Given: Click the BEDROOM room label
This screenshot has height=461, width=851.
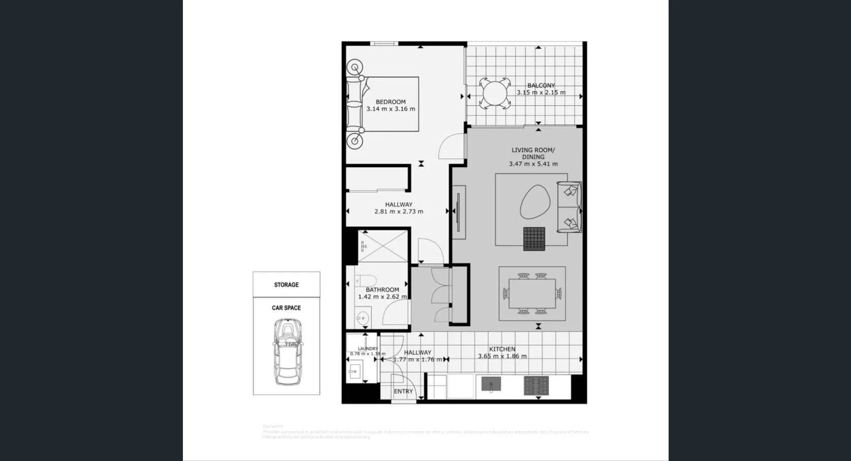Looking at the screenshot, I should pyautogui.click(x=390, y=102).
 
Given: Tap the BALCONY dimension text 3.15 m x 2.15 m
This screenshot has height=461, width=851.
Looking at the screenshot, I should pyautogui.click(x=541, y=93).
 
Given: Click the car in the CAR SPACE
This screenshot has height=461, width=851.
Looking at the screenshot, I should pyautogui.click(x=288, y=351).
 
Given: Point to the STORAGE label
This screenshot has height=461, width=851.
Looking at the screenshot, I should pyautogui.click(x=286, y=285).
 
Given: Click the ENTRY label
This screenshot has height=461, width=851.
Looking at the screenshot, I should pyautogui.click(x=403, y=391).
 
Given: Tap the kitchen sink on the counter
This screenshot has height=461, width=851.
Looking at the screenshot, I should pyautogui.click(x=491, y=384).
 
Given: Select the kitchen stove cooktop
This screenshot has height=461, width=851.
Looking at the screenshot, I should pyautogui.click(x=536, y=386).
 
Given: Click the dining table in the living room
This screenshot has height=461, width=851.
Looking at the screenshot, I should pyautogui.click(x=532, y=294).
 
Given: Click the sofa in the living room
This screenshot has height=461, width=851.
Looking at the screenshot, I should pyautogui.click(x=570, y=207).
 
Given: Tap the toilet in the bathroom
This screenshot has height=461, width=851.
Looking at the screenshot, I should pyautogui.click(x=364, y=281).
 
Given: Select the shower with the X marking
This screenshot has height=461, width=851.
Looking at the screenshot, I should pyautogui.click(x=383, y=247).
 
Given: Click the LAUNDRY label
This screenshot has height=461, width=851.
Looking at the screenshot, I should pyautogui.click(x=367, y=349).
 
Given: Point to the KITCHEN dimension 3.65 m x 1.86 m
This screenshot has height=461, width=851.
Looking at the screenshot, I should pyautogui.click(x=502, y=356).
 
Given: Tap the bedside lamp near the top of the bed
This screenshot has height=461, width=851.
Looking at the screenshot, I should pyautogui.click(x=355, y=68).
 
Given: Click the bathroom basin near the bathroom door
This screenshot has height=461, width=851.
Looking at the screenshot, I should pyautogui.click(x=362, y=319).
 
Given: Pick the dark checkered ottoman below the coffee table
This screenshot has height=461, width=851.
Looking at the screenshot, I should pyautogui.click(x=534, y=238).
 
